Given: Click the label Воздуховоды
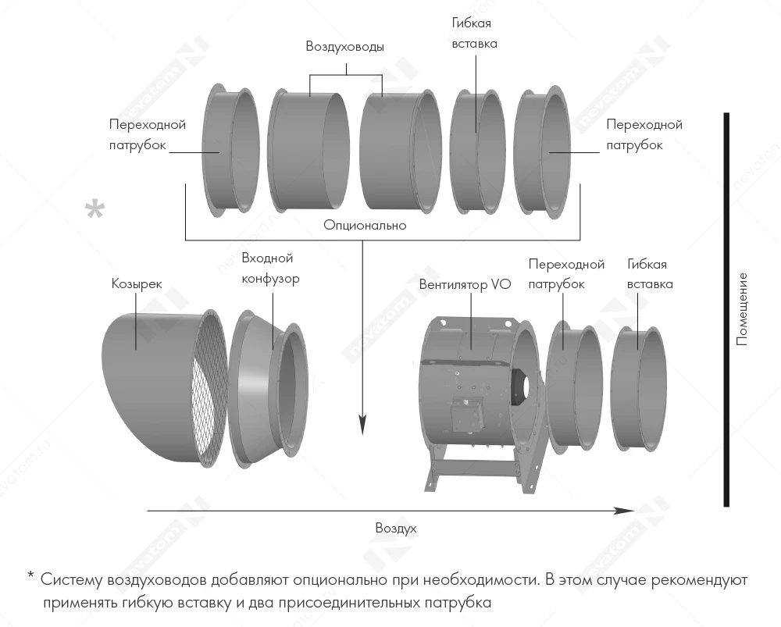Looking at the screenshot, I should pyautogui.click(x=344, y=47).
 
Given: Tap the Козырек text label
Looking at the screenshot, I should pyautogui.click(x=137, y=284).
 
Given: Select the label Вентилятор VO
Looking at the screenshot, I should pyautogui.click(x=465, y=285).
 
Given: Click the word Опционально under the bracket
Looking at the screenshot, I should pyautogui.click(x=365, y=225).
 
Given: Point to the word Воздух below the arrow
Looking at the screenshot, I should pyautogui.click(x=395, y=528).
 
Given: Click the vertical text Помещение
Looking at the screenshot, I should pyautogui.click(x=742, y=309).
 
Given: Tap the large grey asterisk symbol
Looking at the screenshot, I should pyautogui.click(x=95, y=212).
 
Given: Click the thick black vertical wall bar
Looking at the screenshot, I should pyautogui.click(x=726, y=309).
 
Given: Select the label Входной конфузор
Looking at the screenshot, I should pyautogui.click(x=270, y=268).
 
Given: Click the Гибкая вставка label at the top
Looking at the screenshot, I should pyautogui.click(x=474, y=34).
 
